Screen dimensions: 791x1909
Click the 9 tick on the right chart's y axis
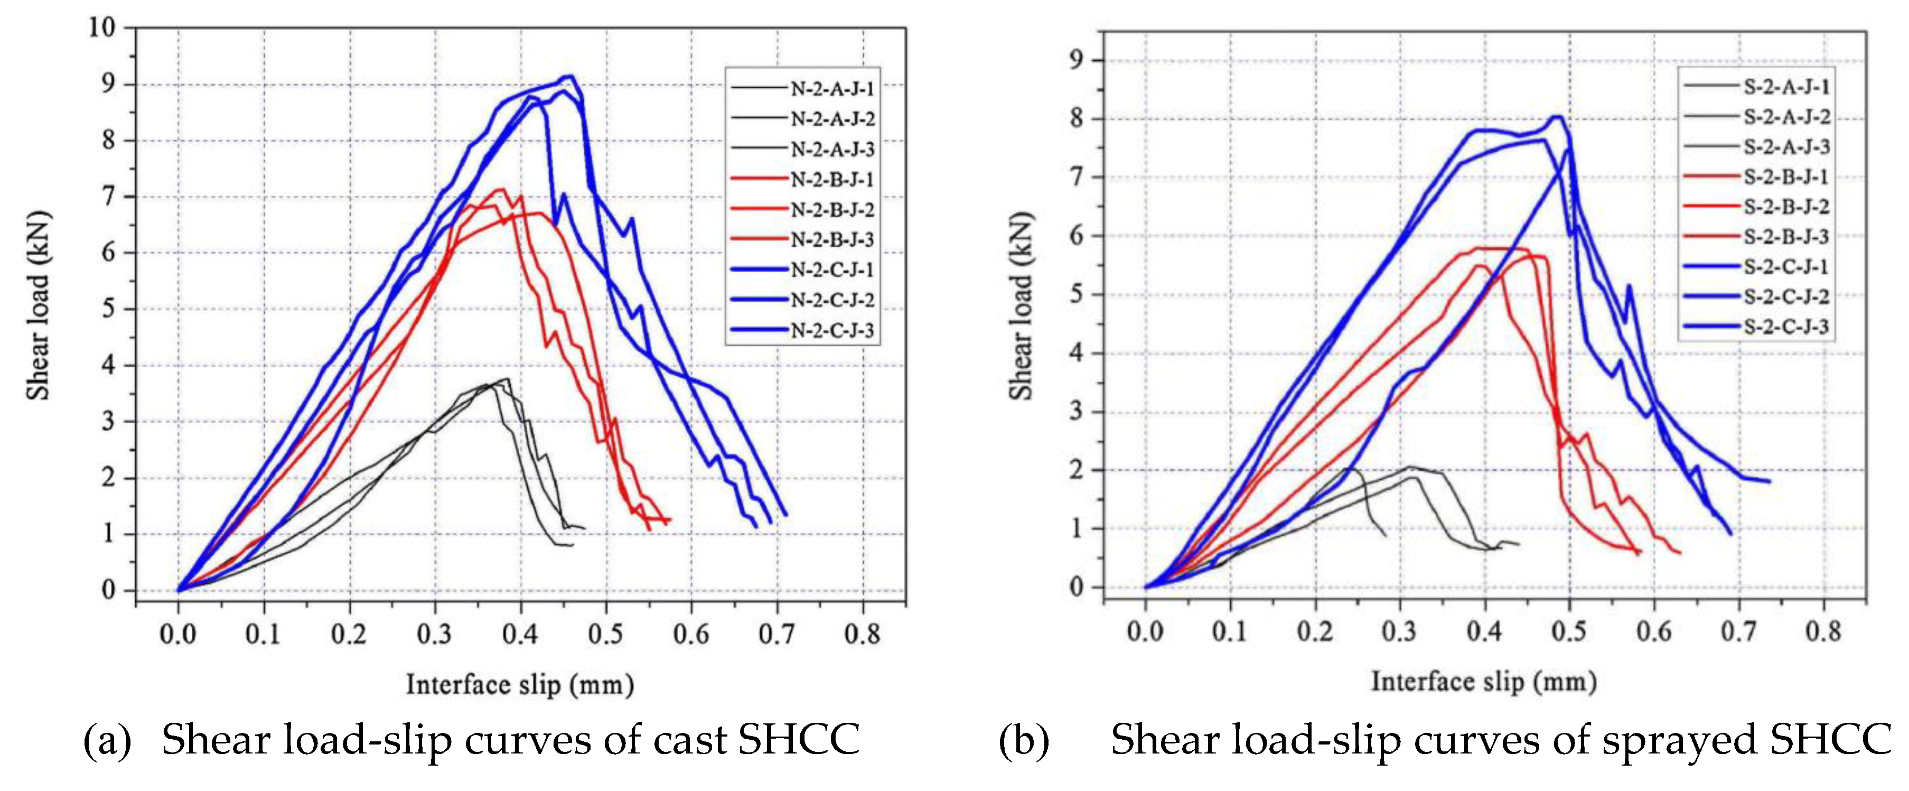point(1076,60)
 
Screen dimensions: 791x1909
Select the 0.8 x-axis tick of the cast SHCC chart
point(863,635)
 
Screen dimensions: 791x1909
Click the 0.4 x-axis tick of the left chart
point(520,635)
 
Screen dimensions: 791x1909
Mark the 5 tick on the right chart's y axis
point(1076,294)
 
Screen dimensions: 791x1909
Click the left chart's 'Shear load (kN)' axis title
point(39,305)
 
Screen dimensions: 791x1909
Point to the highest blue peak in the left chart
point(569,76)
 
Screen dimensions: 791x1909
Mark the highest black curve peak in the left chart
point(507,379)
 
